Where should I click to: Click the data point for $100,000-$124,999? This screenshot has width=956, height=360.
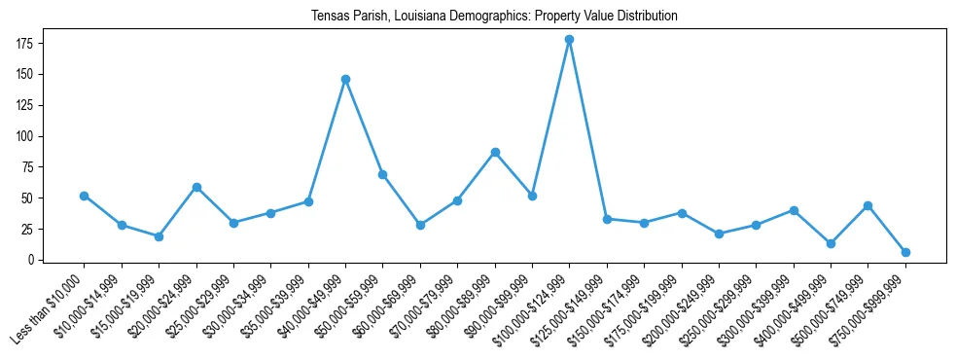(x=569, y=40)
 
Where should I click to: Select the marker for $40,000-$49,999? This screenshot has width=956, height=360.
(x=345, y=79)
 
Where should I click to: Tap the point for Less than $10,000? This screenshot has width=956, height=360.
(x=84, y=196)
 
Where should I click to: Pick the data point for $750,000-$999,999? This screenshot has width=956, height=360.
(x=905, y=252)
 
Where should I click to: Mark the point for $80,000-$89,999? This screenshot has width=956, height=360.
(x=495, y=152)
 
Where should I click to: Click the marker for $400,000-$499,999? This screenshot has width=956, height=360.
(x=831, y=243)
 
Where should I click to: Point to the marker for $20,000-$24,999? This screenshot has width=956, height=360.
(x=196, y=187)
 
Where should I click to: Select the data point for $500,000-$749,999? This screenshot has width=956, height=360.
(x=867, y=205)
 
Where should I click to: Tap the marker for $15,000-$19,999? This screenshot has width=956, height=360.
(x=159, y=236)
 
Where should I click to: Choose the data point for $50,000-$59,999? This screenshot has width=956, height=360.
(x=383, y=174)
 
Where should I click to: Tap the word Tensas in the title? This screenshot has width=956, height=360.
(x=329, y=17)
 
